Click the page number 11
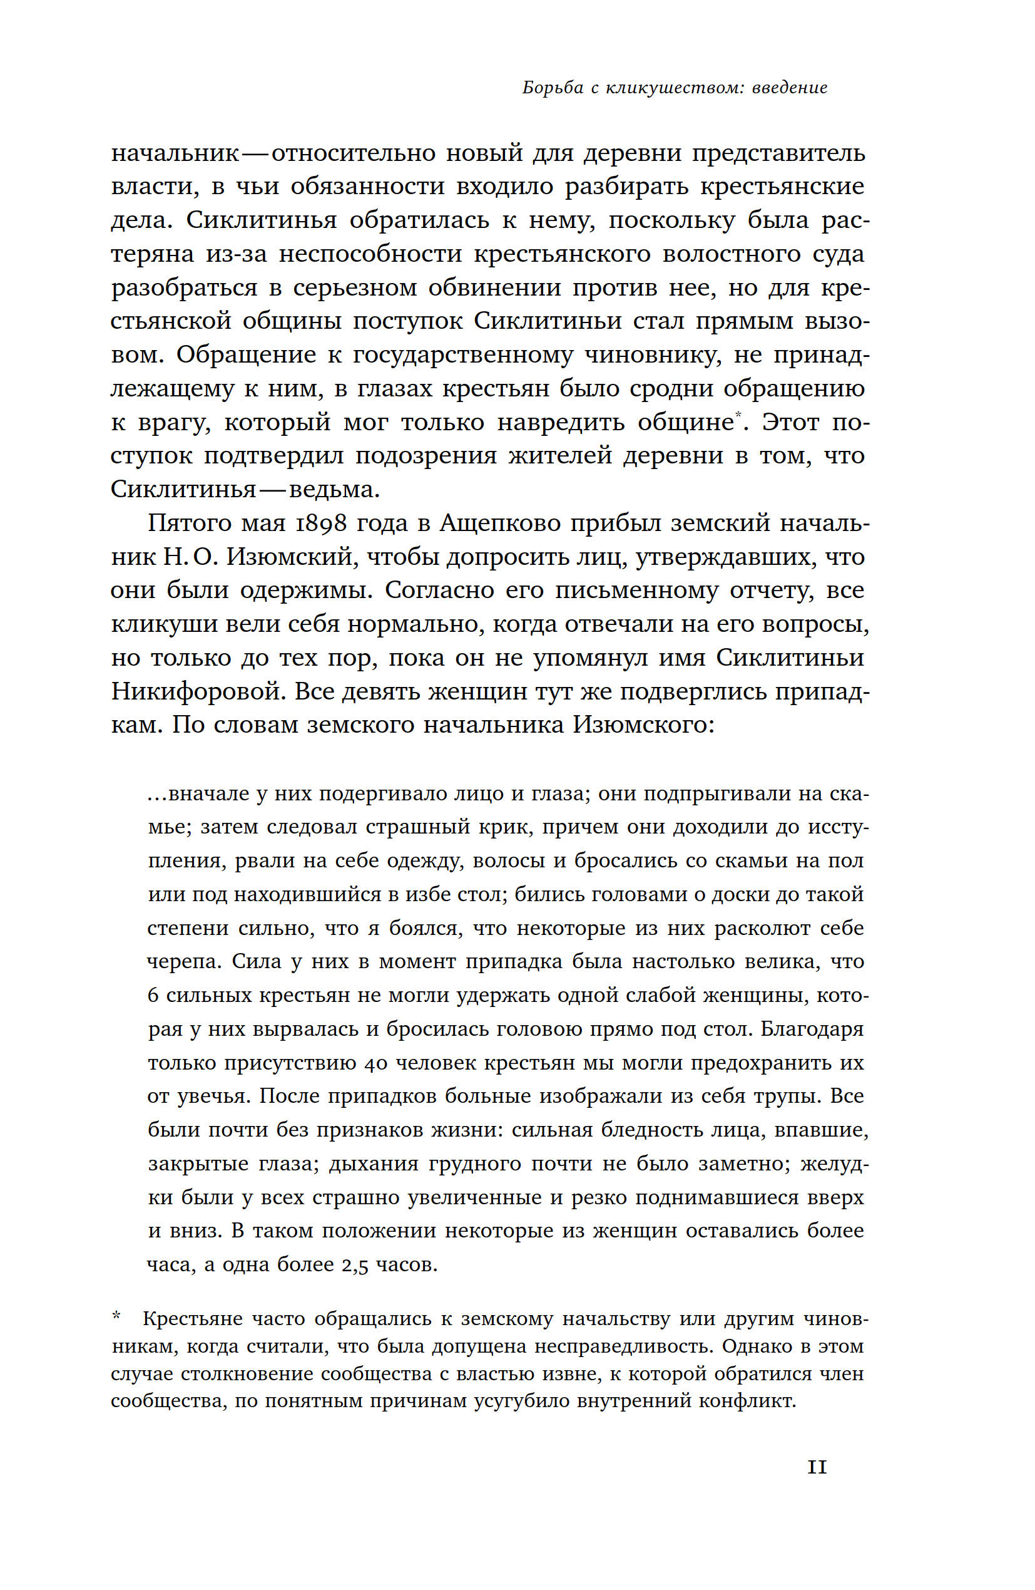pos(817,1467)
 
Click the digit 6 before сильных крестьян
pos(153,996)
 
